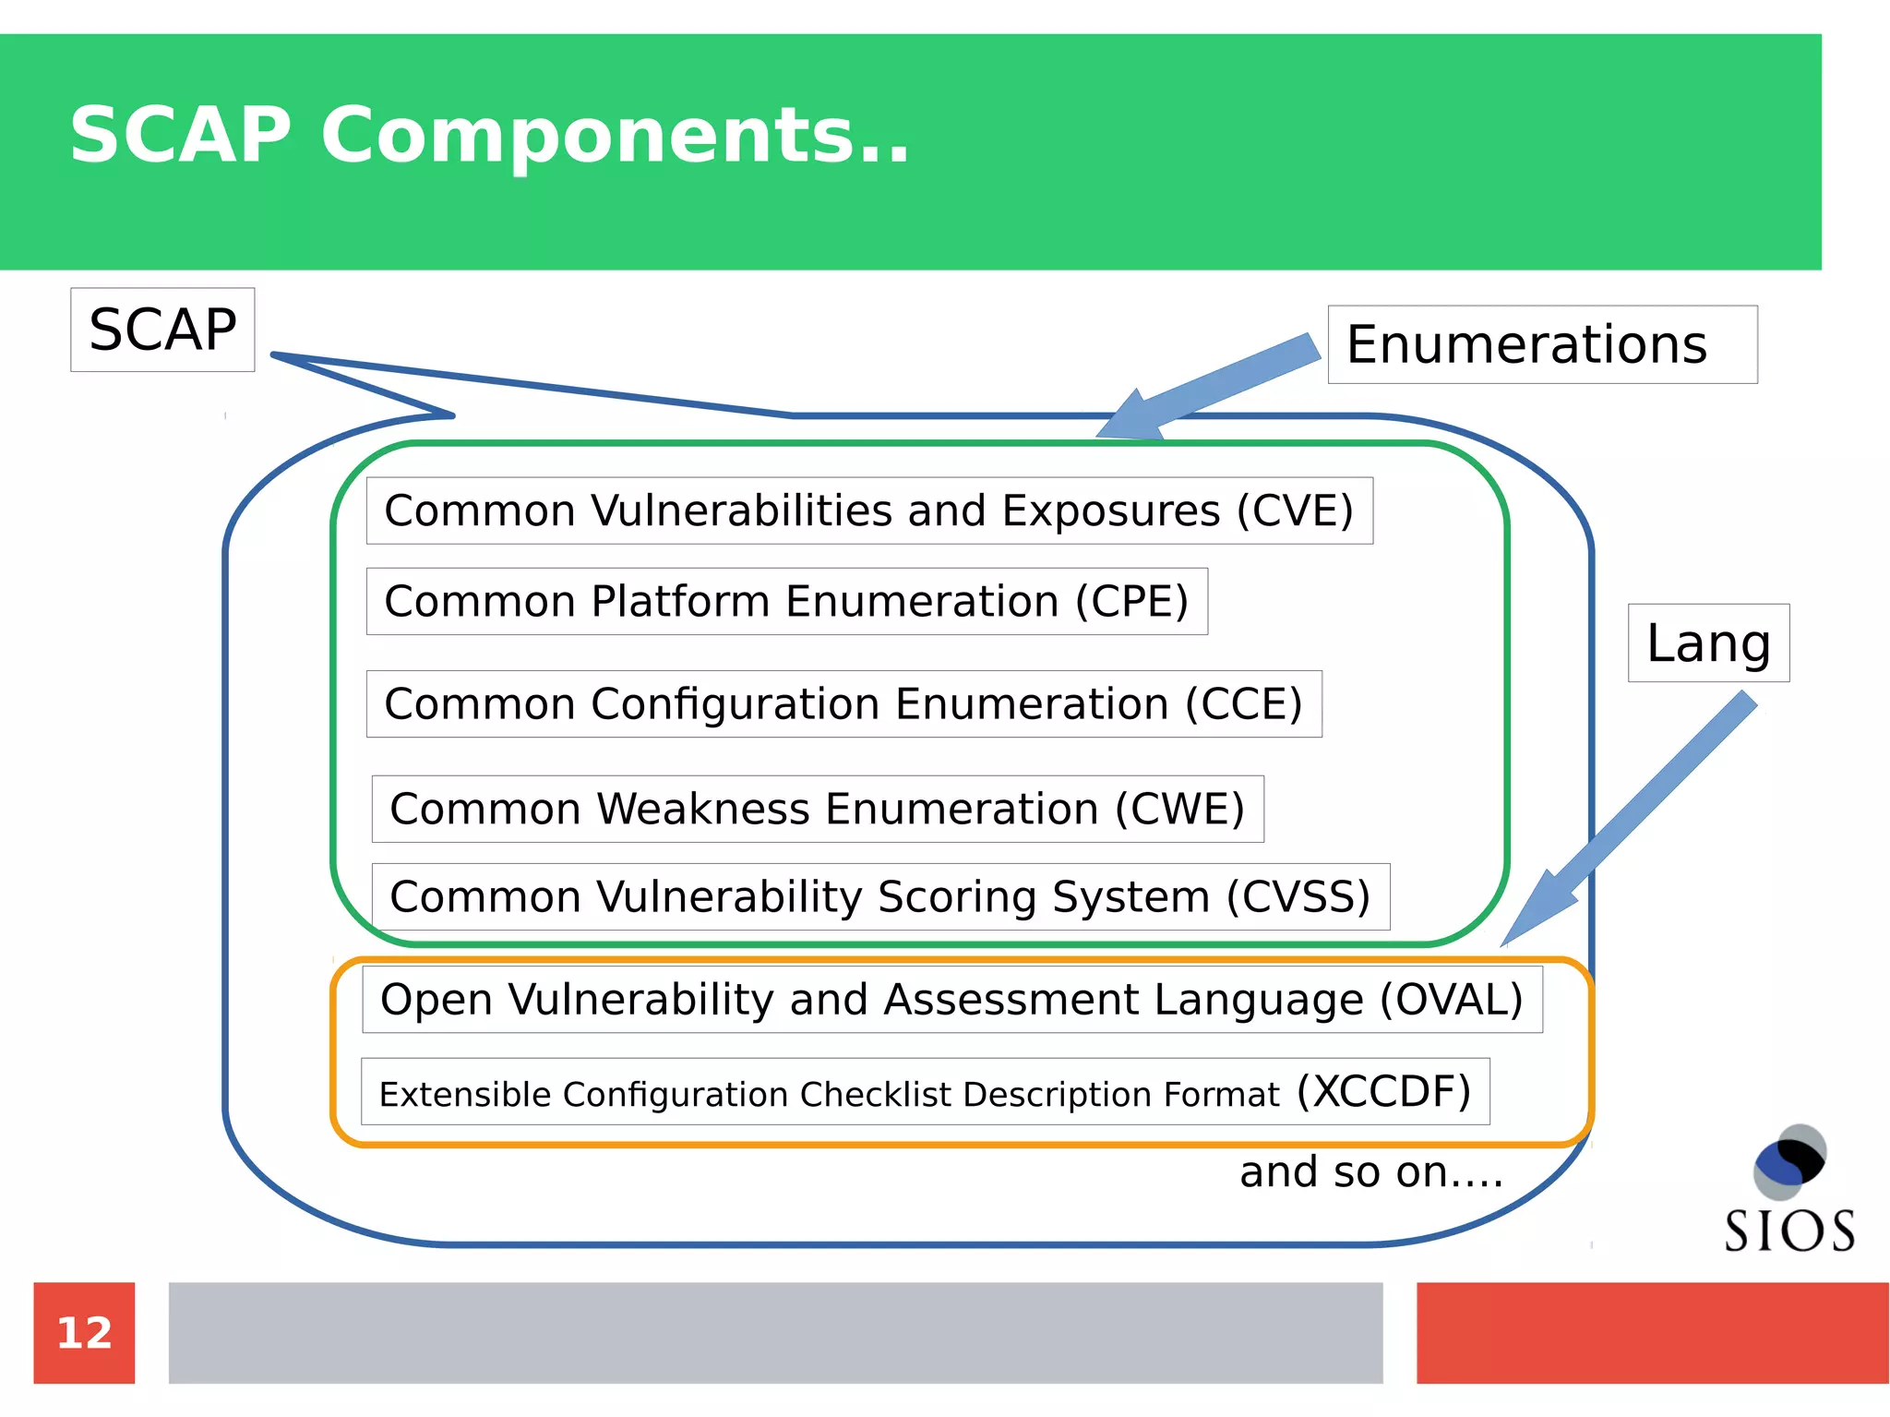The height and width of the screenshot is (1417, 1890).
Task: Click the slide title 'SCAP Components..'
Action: [489, 135]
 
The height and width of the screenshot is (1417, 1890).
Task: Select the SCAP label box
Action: [162, 330]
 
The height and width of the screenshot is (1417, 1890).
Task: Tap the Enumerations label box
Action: [1541, 344]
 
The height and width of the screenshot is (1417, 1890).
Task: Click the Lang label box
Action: [1708, 643]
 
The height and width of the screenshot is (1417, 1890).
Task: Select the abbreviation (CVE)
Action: [1295, 510]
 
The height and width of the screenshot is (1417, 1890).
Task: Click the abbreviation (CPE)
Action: [1131, 602]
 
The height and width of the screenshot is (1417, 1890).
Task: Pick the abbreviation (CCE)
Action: [1243, 704]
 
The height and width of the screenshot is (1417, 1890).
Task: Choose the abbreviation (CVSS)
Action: [1298, 897]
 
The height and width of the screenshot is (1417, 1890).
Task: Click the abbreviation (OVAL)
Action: [1451, 1000]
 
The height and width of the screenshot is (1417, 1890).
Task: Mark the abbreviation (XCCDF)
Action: [1383, 1092]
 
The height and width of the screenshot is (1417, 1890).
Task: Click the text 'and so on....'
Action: [1370, 1172]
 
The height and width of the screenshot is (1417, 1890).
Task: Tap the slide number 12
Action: [84, 1333]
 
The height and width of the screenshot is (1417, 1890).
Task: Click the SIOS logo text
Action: [1789, 1231]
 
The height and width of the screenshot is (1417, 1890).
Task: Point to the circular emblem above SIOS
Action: [1789, 1160]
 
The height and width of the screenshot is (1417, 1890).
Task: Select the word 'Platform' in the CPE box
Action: [680, 602]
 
